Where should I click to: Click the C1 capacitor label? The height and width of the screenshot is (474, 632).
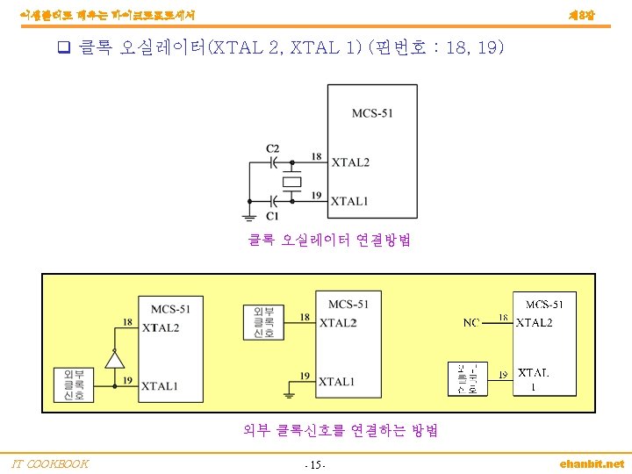coord(273,215)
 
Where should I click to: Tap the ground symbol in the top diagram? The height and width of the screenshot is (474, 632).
coord(249,214)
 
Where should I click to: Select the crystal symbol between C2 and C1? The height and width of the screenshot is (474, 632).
coord(291,182)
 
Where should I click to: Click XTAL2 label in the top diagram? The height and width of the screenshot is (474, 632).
coord(350,162)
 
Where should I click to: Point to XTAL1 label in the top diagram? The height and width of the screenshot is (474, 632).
coord(350,201)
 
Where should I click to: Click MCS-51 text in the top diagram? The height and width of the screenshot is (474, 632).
coord(372,113)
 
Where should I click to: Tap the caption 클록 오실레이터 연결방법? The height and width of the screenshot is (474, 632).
coord(329,241)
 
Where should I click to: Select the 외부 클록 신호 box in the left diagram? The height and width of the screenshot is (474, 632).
coord(73,384)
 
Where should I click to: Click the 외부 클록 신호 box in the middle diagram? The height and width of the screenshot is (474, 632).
coord(263,322)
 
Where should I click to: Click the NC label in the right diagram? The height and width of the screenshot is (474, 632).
coord(471,323)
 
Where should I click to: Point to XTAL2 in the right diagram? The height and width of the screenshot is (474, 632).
coord(535,323)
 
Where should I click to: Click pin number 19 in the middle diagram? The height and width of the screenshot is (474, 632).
coord(305,376)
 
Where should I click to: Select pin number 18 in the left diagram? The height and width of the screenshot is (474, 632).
coord(127,322)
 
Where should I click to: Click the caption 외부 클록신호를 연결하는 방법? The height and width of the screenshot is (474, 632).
coord(341,430)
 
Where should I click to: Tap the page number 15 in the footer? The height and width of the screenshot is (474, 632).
coord(314,464)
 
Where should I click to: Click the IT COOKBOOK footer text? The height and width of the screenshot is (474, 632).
coord(50,463)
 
